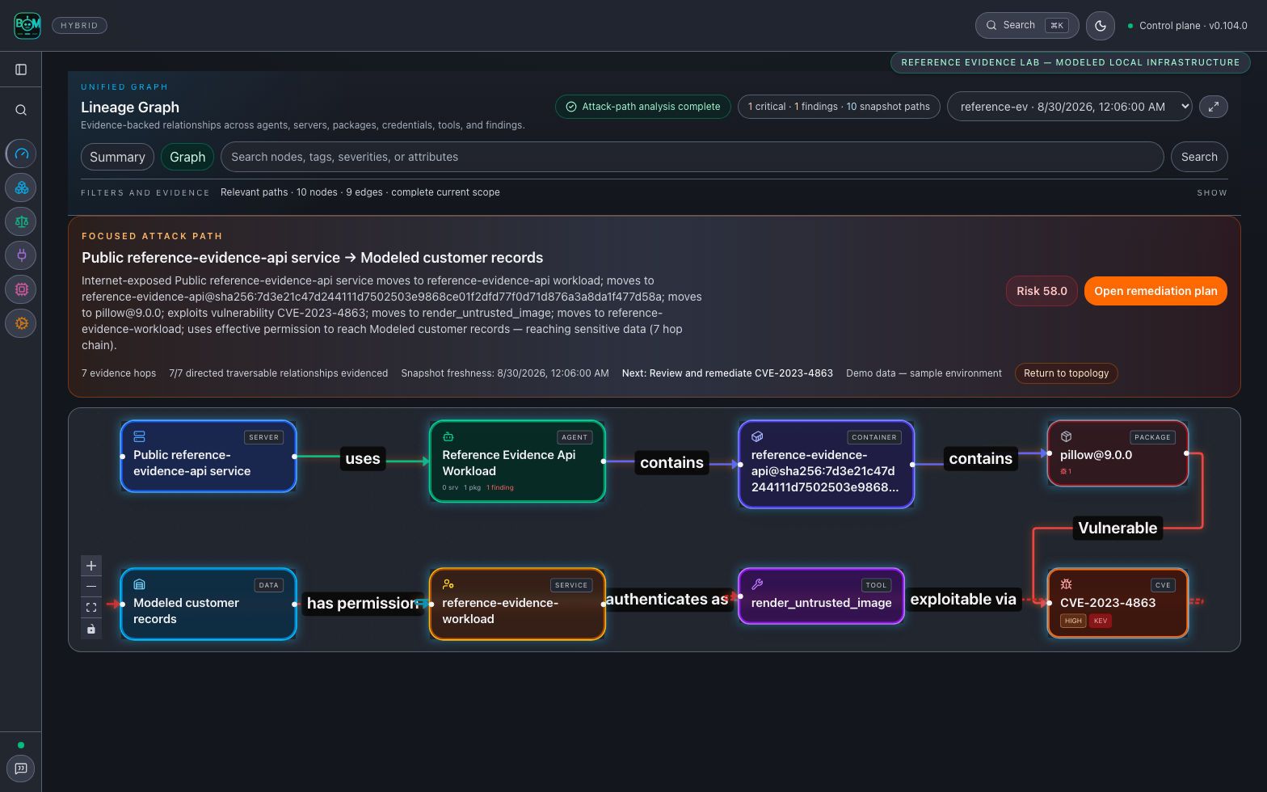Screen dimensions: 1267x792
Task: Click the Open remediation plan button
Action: point(1155,291)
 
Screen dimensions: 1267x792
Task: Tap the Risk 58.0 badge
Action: point(1042,291)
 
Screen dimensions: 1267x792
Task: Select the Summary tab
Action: point(117,157)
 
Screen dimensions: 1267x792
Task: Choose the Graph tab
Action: point(187,157)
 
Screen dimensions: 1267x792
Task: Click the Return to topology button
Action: point(1066,373)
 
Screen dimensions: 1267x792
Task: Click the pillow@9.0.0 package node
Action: point(1117,453)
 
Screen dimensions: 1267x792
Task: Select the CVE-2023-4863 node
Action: point(1117,603)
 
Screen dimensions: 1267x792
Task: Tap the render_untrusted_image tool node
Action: point(821,596)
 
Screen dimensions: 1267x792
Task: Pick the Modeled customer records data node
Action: point(208,605)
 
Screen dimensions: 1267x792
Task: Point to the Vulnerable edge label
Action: point(1117,528)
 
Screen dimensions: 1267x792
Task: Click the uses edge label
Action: point(363,458)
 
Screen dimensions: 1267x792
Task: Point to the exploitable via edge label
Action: point(962,599)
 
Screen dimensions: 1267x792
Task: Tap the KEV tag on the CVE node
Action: point(1101,621)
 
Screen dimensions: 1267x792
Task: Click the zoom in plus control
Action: point(91,566)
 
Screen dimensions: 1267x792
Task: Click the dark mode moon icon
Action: point(1101,26)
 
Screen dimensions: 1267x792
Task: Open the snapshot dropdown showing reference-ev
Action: point(1069,107)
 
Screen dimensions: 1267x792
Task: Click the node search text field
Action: point(692,157)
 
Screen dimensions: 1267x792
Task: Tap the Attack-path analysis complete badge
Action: point(642,107)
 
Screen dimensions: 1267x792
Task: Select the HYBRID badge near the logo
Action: point(79,26)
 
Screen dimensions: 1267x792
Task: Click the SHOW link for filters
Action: point(1211,193)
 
